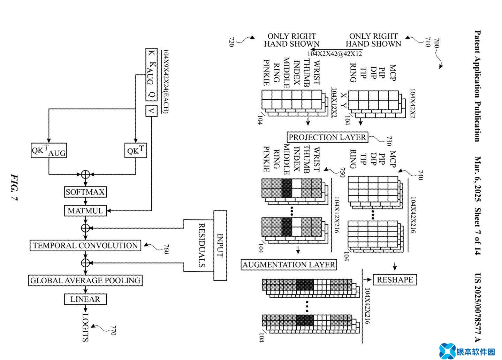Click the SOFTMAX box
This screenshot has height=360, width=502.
point(85,192)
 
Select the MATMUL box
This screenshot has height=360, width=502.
point(85,211)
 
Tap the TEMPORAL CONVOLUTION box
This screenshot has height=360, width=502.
point(85,245)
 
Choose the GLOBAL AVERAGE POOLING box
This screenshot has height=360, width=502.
point(85,280)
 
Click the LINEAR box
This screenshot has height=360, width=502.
point(85,299)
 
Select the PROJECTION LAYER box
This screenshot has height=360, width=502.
point(327,137)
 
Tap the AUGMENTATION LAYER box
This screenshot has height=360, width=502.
point(289,265)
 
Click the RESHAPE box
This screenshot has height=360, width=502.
point(395,279)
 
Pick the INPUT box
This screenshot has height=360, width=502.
point(220,245)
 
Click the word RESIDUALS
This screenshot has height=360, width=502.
point(201,245)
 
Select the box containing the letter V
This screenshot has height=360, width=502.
point(151,111)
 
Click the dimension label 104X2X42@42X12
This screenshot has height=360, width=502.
point(334,54)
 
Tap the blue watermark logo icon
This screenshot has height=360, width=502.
point(447,351)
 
